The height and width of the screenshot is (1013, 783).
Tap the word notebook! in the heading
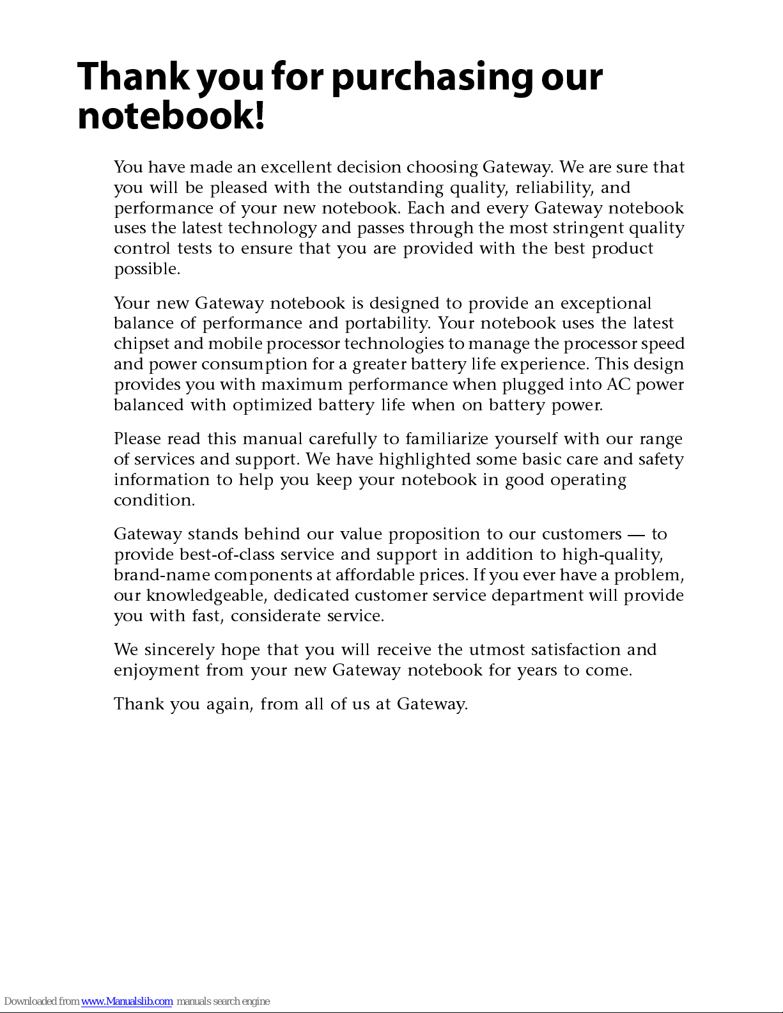pos(171,116)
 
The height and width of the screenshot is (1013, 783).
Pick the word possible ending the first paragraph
pos(146,269)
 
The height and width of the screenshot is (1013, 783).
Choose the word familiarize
pos(446,439)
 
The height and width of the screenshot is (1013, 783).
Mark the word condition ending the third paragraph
pos(153,500)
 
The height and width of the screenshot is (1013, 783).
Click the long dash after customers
pos(636,534)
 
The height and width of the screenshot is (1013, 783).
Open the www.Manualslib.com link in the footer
pos(127,1001)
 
